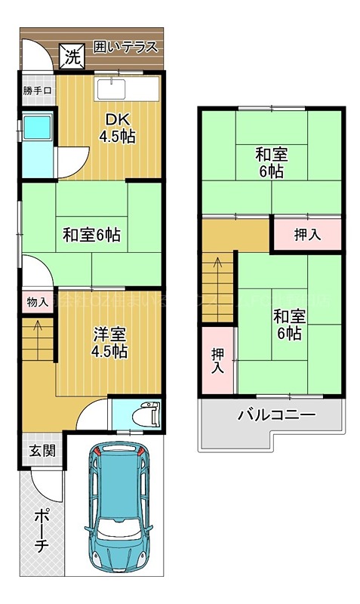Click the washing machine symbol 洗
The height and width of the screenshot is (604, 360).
tap(72, 55)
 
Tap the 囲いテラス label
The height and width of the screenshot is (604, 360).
tap(125, 47)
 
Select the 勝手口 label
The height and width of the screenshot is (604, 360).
tap(37, 91)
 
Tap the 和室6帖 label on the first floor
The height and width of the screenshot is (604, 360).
tap(91, 234)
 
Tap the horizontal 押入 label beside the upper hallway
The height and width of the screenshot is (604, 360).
tap(307, 235)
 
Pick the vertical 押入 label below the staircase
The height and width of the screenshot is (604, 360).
tap(217, 360)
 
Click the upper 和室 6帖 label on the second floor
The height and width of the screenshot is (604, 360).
tap(270, 163)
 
